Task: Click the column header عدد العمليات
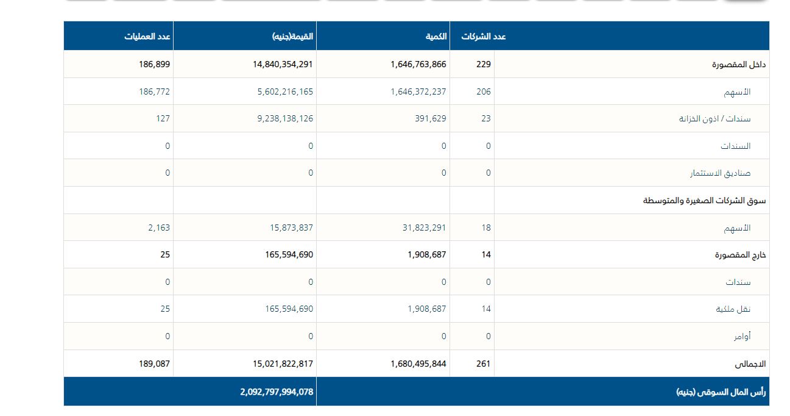tap(147, 37)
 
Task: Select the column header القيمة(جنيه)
tap(292, 37)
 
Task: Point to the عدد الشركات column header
tap(483, 37)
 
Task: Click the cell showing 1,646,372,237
tap(418, 91)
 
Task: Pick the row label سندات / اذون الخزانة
tap(715, 119)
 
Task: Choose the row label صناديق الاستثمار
tap(720, 173)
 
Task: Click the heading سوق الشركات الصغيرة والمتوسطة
tap(705, 201)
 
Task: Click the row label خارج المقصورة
tap(740, 255)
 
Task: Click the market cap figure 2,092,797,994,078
tap(277, 392)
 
